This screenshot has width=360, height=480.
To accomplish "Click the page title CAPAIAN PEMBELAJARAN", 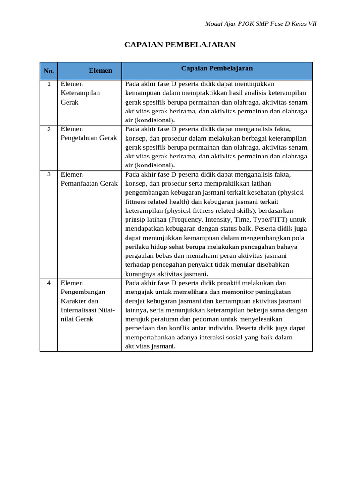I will coord(180,45).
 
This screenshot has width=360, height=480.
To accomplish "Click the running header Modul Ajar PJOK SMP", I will coord(261,24).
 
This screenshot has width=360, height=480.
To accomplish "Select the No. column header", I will coord(49,71).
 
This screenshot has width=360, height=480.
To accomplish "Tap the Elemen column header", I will coord(100,71).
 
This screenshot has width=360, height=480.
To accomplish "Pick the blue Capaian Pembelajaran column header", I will coord(217,68).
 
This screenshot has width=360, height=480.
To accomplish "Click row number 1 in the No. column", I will coord(49,84).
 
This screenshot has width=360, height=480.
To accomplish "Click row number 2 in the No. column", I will coord(49,129).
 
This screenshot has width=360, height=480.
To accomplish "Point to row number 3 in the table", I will coord(49,174).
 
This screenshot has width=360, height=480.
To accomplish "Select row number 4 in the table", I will coord(49,283).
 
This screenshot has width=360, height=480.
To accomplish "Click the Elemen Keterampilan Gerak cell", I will coord(80,93).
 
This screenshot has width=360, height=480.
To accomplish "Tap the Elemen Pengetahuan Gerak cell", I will coord(89,134).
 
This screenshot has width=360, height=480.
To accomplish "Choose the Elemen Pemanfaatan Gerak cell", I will coord(89,179).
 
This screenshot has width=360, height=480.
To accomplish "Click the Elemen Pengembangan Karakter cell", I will coord(88,301).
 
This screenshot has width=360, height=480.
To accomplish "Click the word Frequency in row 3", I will coord(186,219).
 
